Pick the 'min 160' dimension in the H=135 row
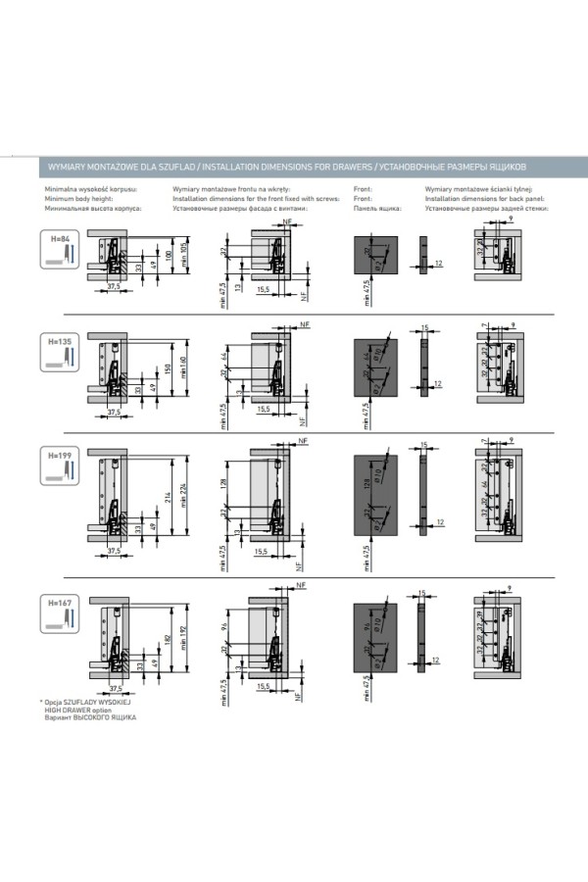(183, 367)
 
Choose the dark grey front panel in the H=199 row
(373, 495)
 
